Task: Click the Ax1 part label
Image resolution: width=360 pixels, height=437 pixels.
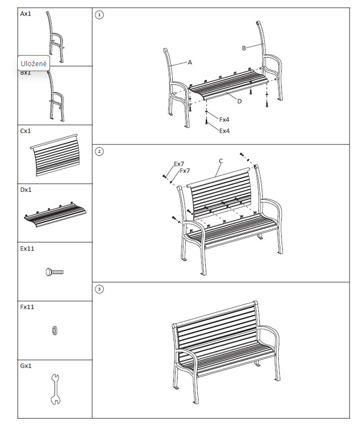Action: (x=26, y=14)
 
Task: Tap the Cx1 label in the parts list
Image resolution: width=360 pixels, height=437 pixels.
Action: (x=26, y=131)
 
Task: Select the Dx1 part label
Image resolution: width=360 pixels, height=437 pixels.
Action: (x=26, y=190)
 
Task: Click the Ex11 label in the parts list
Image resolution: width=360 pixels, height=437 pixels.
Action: (x=27, y=249)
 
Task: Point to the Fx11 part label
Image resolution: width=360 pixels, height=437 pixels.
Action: (x=27, y=307)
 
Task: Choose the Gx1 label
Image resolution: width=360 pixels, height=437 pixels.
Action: (x=26, y=366)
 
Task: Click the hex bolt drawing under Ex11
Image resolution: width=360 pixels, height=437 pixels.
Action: (x=55, y=272)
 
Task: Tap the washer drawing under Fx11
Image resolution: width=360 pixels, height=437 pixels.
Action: (x=55, y=330)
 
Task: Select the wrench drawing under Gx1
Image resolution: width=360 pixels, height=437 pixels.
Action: (x=55, y=389)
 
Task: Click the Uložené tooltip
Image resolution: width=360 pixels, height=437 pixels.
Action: (x=33, y=63)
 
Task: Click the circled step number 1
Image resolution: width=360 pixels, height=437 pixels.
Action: (x=99, y=15)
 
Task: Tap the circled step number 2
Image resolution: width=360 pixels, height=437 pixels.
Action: (x=99, y=151)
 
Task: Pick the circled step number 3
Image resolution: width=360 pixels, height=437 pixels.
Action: (x=99, y=289)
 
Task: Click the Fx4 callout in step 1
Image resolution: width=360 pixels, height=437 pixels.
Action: (x=224, y=120)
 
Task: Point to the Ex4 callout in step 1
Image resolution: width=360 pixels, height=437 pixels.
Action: (x=224, y=131)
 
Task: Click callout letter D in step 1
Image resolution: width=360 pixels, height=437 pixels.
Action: (x=239, y=101)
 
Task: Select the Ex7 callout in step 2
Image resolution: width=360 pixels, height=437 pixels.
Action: (x=179, y=164)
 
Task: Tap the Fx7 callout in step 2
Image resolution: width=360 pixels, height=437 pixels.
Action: (x=185, y=171)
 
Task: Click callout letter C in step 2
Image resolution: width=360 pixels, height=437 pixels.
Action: (x=221, y=161)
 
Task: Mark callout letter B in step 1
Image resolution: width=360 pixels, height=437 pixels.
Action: (x=244, y=48)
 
